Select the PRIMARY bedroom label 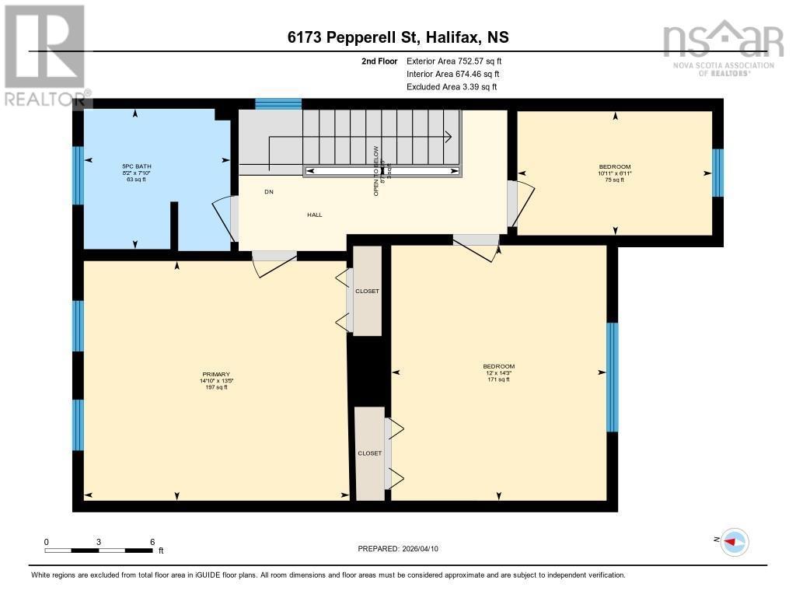215,380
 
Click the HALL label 314,215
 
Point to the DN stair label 269,192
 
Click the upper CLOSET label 367,291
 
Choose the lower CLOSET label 370,453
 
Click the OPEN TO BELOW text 376,171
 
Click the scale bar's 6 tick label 152,542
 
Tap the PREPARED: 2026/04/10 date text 403,549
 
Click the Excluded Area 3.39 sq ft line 452,87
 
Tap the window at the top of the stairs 278,104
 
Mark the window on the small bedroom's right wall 717,173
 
